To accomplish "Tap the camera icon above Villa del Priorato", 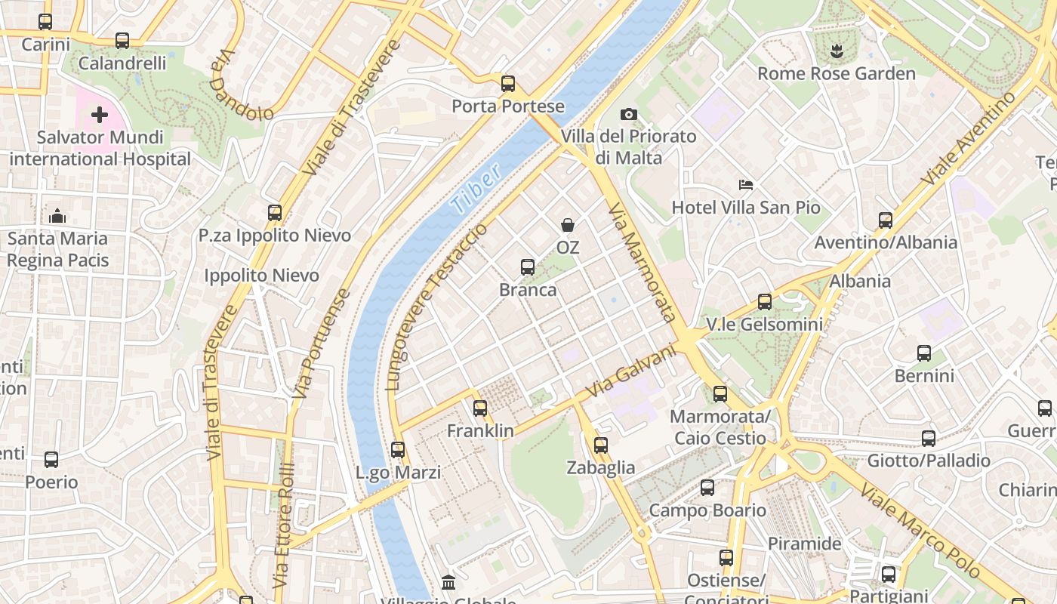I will pyautogui.click(x=628, y=115).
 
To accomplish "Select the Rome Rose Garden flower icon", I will pyautogui.click(x=836, y=51).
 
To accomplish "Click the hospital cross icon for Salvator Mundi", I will pyautogui.click(x=100, y=115).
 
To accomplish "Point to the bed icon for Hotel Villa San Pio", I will pyautogui.click(x=745, y=185).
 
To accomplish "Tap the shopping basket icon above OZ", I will pyautogui.click(x=567, y=225).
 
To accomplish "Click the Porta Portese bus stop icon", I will pyautogui.click(x=508, y=84).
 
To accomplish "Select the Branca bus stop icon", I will pyautogui.click(x=528, y=267).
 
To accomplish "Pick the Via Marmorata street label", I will pyautogui.click(x=642, y=262).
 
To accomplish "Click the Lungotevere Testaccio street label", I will pyautogui.click(x=436, y=306).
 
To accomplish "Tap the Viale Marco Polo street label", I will pyautogui.click(x=919, y=531).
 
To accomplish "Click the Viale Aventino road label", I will pyautogui.click(x=969, y=139).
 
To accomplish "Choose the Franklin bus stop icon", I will pyautogui.click(x=480, y=408).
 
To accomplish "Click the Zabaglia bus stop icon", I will pyautogui.click(x=601, y=445).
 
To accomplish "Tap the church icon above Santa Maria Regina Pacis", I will pyautogui.click(x=57, y=217).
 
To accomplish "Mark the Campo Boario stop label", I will pyautogui.click(x=707, y=510).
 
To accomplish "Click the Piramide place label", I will pyautogui.click(x=804, y=544).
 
